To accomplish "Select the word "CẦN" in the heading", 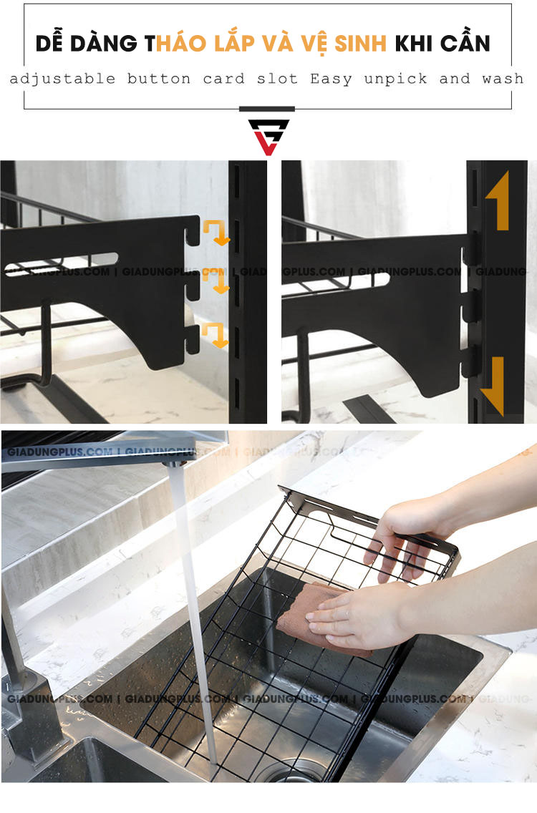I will [465, 44].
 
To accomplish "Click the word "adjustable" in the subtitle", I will [62, 79].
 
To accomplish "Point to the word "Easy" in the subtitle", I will [331, 79].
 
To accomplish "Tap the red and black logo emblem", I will [268, 137].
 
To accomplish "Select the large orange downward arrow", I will [493, 387].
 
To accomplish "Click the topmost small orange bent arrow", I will [216, 231].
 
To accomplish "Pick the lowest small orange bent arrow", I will [216, 334].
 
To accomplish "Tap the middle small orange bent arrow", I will [216, 281].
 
